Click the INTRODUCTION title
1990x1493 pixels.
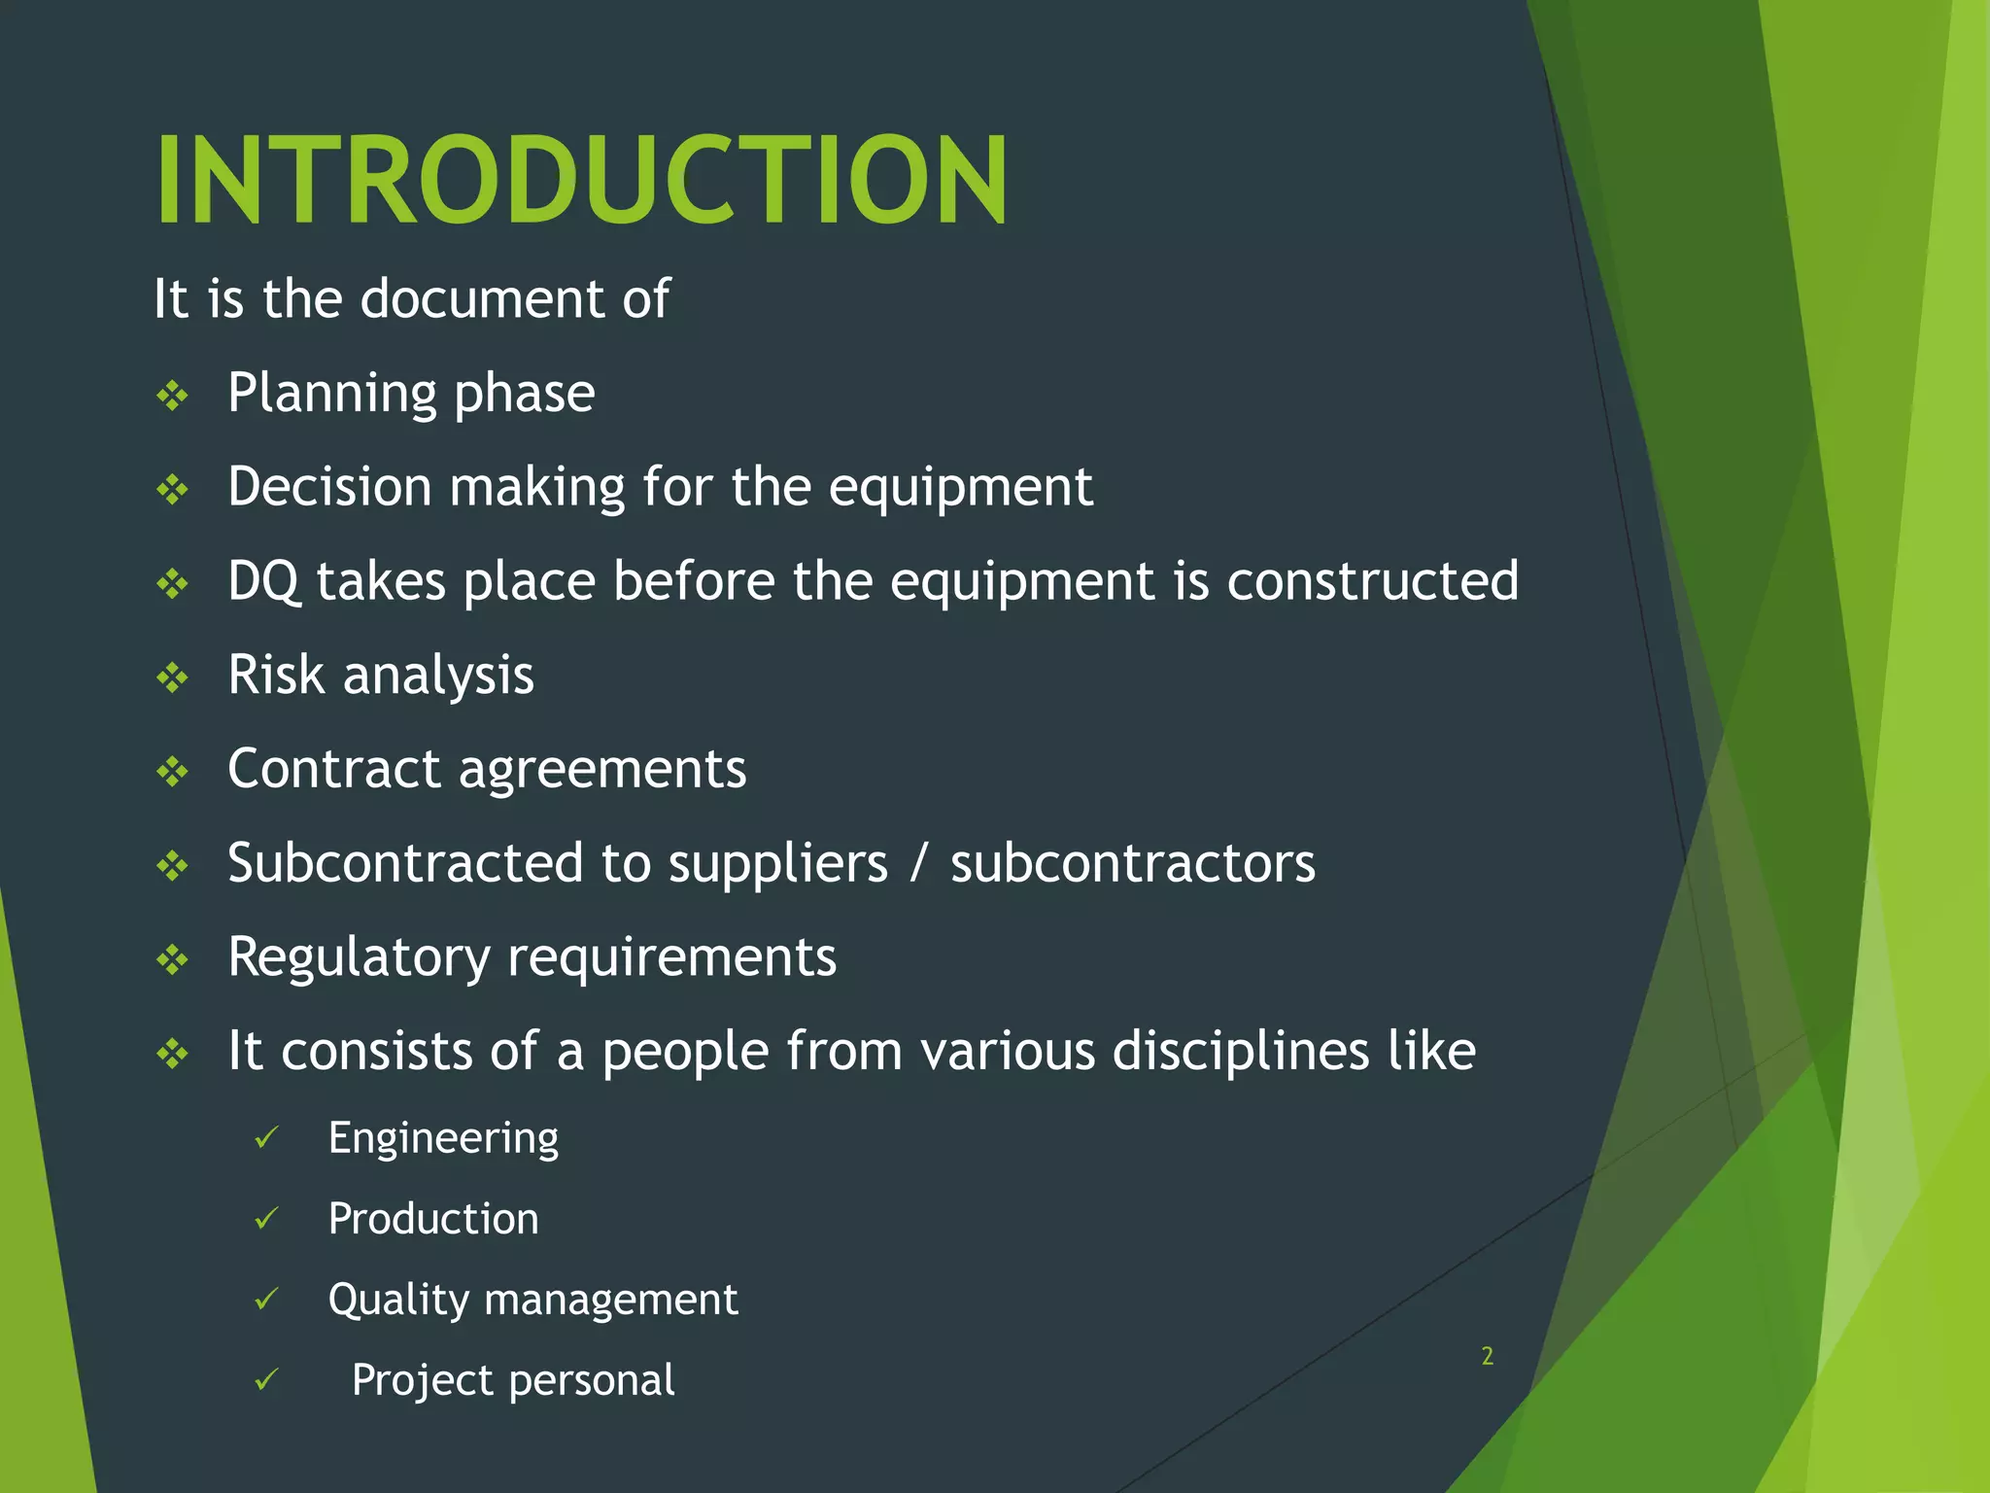581,181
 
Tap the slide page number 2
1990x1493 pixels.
1487,1356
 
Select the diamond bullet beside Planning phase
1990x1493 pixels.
173,396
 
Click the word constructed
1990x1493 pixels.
1372,581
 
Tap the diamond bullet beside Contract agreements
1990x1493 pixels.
173,772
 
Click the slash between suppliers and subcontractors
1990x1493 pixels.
918,863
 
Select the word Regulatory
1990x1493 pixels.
359,958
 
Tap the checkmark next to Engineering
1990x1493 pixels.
266,1137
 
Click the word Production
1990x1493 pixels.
433,1219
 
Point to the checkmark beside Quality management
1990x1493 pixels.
266,1299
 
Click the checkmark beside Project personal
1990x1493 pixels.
266,1379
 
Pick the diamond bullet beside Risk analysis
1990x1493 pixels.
173,677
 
